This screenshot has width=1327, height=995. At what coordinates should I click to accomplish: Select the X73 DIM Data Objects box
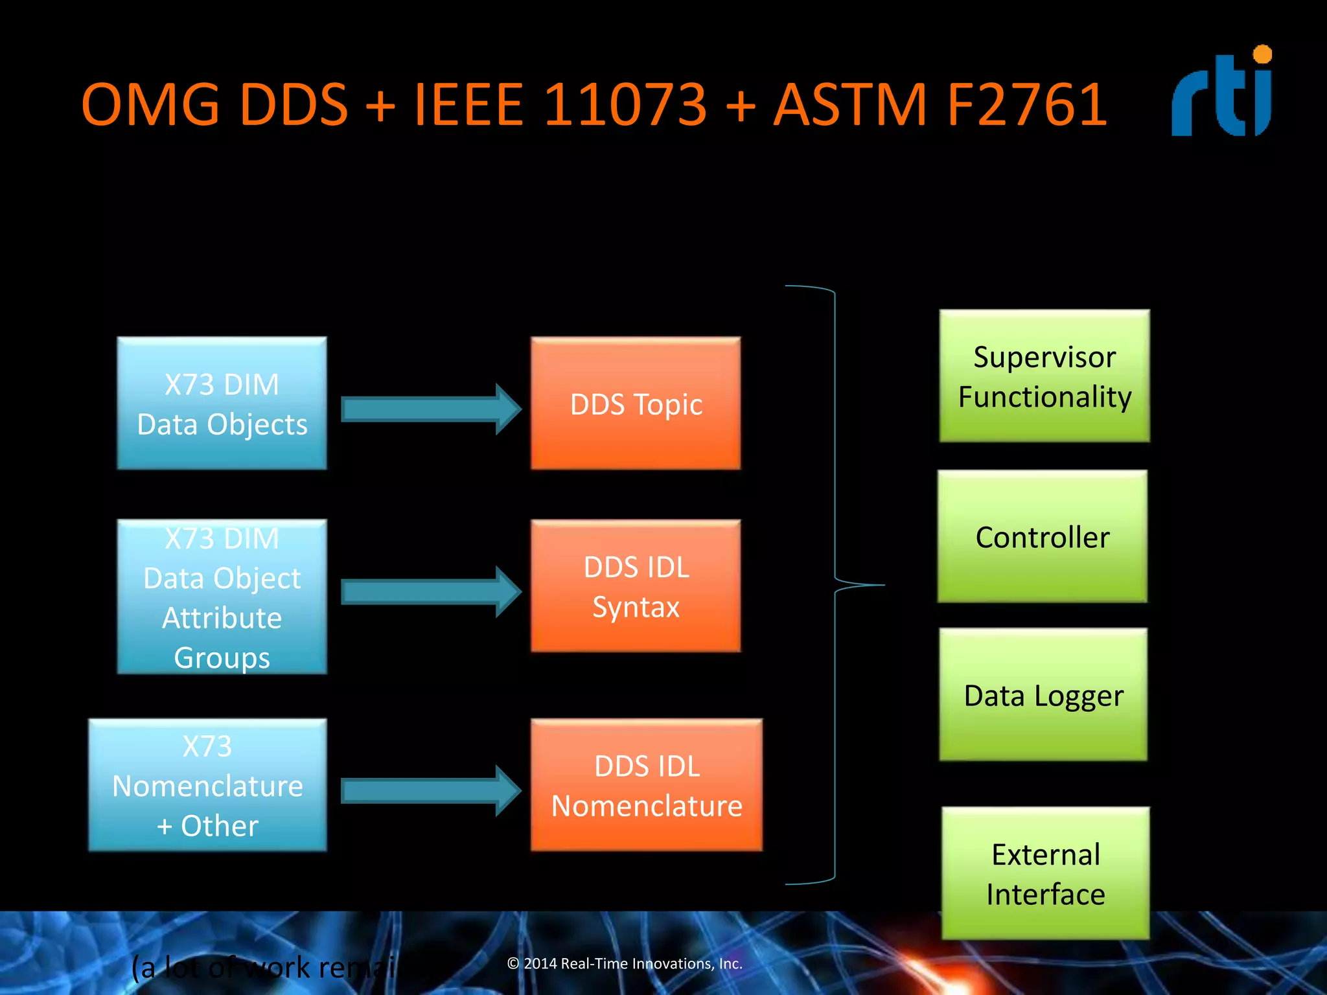pos(222,404)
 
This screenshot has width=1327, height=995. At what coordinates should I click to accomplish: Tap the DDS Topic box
pos(635,404)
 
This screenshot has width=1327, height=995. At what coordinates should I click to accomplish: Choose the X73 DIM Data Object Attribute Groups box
pos(222,597)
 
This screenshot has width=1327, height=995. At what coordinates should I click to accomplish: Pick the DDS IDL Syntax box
pos(635,586)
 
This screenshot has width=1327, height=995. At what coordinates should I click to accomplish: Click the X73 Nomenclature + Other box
pos(207,785)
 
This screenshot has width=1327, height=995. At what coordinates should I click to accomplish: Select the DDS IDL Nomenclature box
pos(646,785)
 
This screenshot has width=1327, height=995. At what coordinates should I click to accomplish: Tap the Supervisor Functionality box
pos(1044,376)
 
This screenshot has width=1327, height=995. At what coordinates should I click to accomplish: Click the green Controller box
pos(1042,536)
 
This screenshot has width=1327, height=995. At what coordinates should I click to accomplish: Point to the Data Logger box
pos(1043,694)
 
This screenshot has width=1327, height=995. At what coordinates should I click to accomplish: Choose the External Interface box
pos(1045,873)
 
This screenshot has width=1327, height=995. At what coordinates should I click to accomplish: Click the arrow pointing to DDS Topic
pos(431,409)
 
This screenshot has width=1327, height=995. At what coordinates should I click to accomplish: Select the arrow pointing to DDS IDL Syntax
pos(431,591)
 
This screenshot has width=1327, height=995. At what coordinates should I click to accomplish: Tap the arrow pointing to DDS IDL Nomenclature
pos(431,790)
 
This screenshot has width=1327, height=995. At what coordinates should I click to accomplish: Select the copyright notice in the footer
pos(625,963)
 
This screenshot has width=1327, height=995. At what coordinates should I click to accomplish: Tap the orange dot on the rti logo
pos(1262,54)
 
